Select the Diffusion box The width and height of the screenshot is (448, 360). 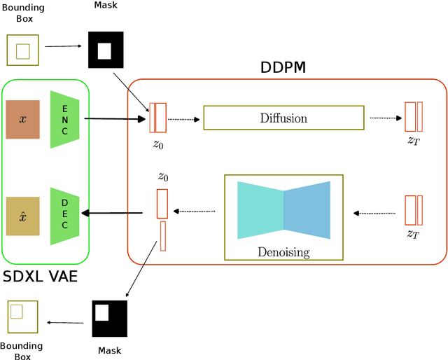click(x=283, y=118)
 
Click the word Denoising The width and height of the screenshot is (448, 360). click(x=283, y=251)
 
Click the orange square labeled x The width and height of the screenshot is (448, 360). click(x=23, y=119)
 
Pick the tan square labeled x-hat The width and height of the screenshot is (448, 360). click(x=23, y=216)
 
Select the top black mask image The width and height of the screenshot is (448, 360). click(x=105, y=49)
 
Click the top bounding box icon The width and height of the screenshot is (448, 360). click(x=22, y=50)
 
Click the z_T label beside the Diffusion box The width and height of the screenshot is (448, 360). click(x=414, y=140)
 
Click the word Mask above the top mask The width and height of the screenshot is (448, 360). click(x=106, y=6)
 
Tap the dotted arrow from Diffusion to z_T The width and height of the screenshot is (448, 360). click(x=384, y=118)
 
